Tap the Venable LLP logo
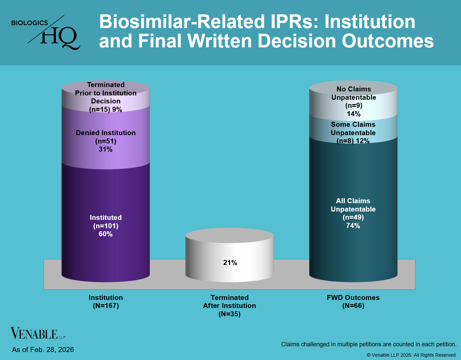click(x=38, y=333)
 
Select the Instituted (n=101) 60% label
click(x=106, y=226)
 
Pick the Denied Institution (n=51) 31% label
click(x=106, y=141)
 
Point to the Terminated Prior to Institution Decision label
click(x=106, y=97)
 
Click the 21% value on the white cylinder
click(x=230, y=263)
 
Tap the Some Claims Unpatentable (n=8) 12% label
click(x=353, y=132)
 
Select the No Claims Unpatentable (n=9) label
click(x=354, y=101)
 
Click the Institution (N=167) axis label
click(x=106, y=302)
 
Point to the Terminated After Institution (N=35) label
click(x=229, y=306)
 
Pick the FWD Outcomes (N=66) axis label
click(x=353, y=302)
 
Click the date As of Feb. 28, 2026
click(x=43, y=350)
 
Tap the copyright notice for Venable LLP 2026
click(x=412, y=355)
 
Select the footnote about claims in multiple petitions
click(x=369, y=344)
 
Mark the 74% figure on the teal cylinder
click(x=353, y=226)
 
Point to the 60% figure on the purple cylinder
click(x=106, y=234)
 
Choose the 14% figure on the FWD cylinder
click(x=354, y=114)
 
